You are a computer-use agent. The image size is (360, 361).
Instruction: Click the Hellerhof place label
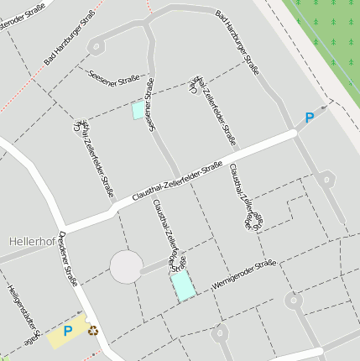[x=33, y=241]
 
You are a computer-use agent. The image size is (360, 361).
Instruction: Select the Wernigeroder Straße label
[x=243, y=275]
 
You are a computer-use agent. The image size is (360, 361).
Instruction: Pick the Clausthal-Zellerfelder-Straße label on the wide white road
[x=177, y=186]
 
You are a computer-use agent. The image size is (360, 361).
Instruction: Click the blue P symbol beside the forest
[x=309, y=118]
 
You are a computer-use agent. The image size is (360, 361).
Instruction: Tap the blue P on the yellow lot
[x=68, y=332]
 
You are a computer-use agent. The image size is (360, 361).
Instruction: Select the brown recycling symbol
[x=92, y=330]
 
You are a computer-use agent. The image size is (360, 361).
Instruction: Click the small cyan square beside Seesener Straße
[x=138, y=110]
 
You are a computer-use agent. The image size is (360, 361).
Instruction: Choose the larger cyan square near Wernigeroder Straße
[x=183, y=285]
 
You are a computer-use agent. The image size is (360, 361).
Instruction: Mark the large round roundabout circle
[x=127, y=267]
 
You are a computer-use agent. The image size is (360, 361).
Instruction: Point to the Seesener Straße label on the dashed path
[x=113, y=76]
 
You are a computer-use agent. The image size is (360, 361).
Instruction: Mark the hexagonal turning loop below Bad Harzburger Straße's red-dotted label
[x=98, y=46]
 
